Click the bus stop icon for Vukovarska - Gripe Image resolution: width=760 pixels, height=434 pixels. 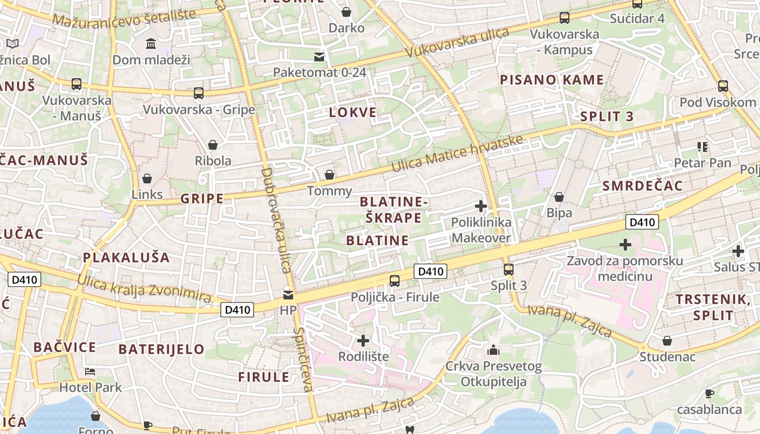pyautogui.click(x=199, y=93)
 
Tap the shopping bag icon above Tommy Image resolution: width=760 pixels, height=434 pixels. pyautogui.click(x=329, y=175)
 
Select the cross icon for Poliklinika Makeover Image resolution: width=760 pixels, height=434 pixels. pyautogui.click(x=480, y=206)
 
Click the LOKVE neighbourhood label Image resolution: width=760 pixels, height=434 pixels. pyautogui.click(x=353, y=112)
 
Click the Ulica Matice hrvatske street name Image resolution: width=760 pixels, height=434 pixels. pyautogui.click(x=458, y=153)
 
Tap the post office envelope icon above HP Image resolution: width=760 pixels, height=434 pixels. pyautogui.click(x=288, y=295)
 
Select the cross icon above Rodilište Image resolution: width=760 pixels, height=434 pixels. pyautogui.click(x=363, y=341)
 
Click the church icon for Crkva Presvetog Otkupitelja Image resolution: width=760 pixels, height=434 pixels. pyautogui.click(x=493, y=350)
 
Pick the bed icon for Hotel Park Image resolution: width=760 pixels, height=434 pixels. pyautogui.click(x=90, y=372)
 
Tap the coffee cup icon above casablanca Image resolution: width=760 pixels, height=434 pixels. pyautogui.click(x=709, y=393)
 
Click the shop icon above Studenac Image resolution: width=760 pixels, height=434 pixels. pyautogui.click(x=667, y=341)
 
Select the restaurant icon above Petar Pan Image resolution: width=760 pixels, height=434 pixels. pyautogui.click(x=702, y=146)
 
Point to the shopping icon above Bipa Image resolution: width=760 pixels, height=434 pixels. pyautogui.click(x=559, y=196)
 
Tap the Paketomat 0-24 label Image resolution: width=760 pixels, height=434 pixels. pyautogui.click(x=319, y=72)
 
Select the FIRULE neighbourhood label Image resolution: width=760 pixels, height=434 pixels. pyautogui.click(x=264, y=377)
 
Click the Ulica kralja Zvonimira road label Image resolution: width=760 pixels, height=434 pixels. pyautogui.click(x=144, y=288)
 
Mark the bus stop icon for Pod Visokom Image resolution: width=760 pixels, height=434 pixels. pyautogui.click(x=723, y=86)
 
